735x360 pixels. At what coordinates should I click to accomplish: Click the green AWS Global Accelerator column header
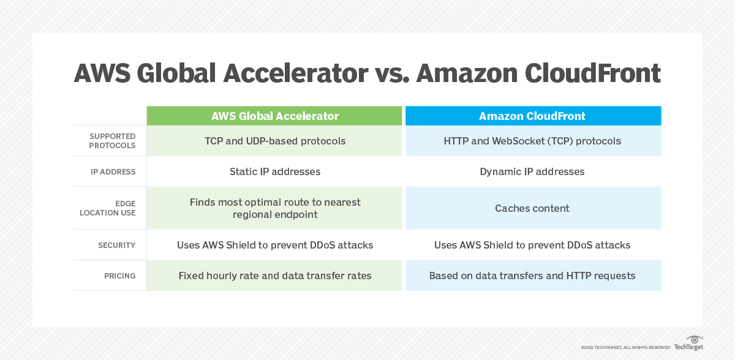click(x=274, y=116)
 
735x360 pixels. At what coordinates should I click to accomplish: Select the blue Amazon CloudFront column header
click(x=532, y=116)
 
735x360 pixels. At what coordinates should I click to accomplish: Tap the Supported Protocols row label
click(x=112, y=141)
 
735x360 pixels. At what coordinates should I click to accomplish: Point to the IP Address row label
click(x=113, y=172)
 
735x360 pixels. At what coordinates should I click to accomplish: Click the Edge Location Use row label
click(x=108, y=208)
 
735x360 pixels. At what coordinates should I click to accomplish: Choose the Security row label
click(x=116, y=245)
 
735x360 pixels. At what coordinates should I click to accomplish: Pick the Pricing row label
click(x=119, y=276)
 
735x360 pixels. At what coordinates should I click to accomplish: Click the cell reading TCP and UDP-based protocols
click(x=274, y=141)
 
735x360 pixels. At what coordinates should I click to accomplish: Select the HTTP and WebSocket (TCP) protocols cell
click(x=532, y=141)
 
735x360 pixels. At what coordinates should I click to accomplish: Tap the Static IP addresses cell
click(x=274, y=171)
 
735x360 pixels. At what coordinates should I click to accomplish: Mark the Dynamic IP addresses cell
click(x=532, y=171)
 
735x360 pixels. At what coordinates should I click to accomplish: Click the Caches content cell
click(x=532, y=208)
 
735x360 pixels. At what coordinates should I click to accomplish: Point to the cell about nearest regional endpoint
click(x=274, y=208)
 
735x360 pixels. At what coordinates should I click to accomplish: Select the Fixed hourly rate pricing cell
click(x=274, y=276)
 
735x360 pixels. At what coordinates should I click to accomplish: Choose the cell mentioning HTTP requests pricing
click(x=532, y=276)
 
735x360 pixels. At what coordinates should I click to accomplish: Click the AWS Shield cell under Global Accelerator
click(x=274, y=245)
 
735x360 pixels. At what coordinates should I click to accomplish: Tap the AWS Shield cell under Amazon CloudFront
click(x=532, y=245)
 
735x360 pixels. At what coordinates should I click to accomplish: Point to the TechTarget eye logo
click(x=694, y=340)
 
